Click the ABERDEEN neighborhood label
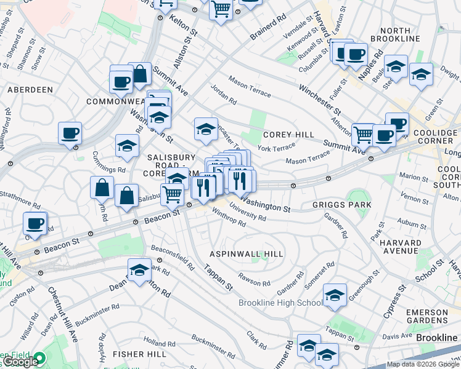(30, 90)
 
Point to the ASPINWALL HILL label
(247, 254)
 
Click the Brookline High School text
(281, 303)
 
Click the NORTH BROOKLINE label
(408, 35)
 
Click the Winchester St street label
(320, 99)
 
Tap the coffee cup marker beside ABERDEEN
(70, 133)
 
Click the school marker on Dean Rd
(140, 270)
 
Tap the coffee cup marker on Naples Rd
(355, 54)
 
